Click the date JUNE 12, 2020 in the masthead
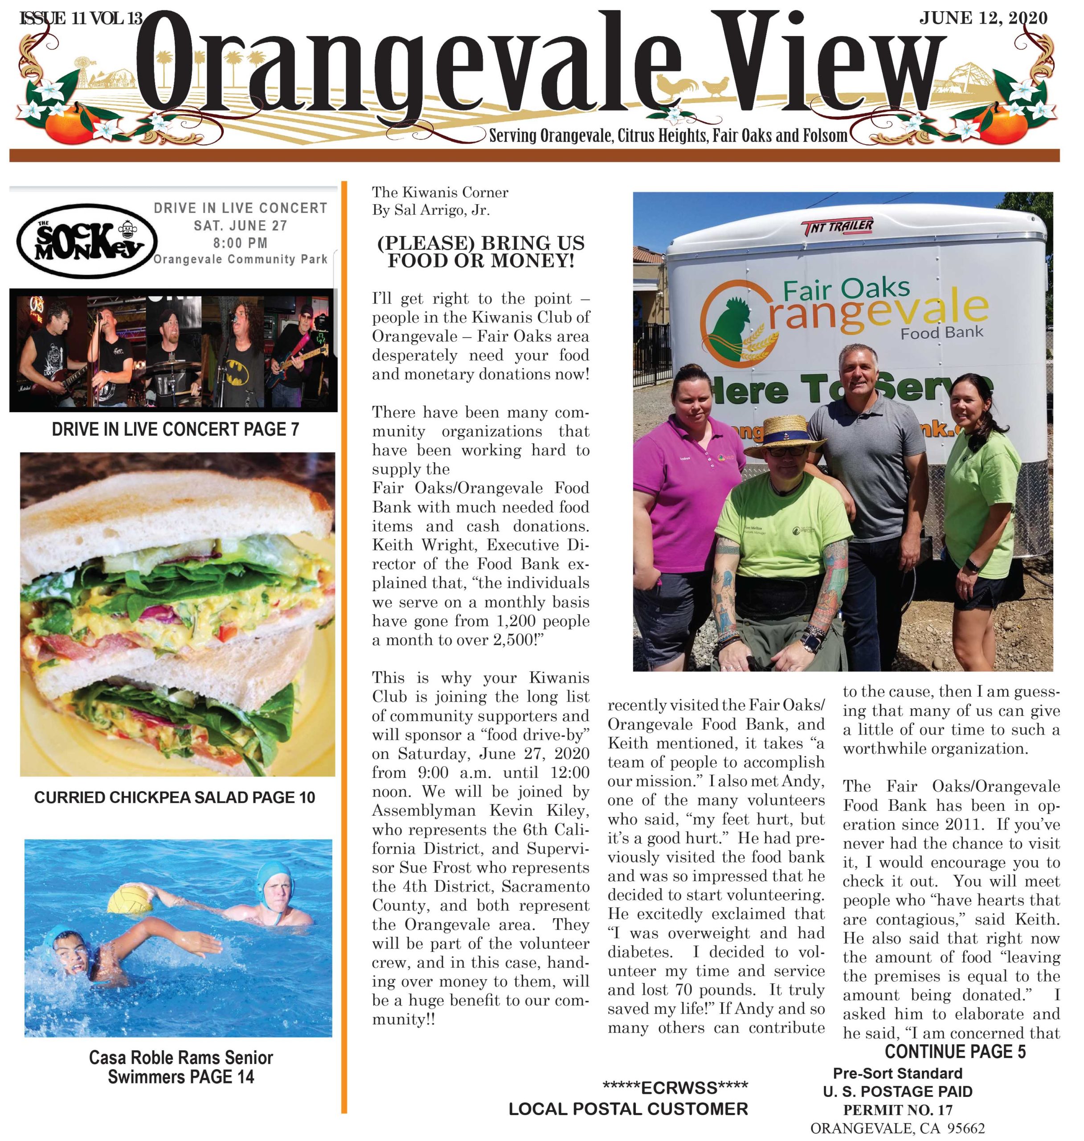tap(983, 18)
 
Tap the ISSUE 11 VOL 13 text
tap(81, 18)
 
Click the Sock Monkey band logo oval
tap(87, 241)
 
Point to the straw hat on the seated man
tap(785, 435)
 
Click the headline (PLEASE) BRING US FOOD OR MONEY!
tap(481, 251)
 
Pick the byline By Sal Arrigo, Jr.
tap(430, 210)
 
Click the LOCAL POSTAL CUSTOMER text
tap(628, 1108)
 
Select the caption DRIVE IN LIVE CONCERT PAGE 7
tap(175, 429)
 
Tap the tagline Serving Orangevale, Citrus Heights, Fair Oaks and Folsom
tap(668, 136)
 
